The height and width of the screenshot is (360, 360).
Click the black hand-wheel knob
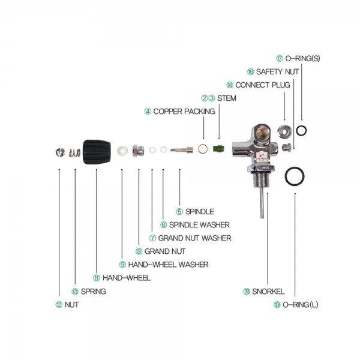tap(97, 153)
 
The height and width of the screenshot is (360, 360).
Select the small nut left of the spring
tap(59, 152)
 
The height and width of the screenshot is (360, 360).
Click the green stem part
tap(220, 147)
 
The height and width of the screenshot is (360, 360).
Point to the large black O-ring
tap(294, 176)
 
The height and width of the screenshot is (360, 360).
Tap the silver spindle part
tap(181, 150)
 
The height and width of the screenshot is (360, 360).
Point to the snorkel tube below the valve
tap(262, 204)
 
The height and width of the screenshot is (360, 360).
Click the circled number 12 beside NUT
tap(58, 305)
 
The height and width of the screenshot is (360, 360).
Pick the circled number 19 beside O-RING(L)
tap(277, 305)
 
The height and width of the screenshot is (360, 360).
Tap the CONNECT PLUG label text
tap(263, 85)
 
